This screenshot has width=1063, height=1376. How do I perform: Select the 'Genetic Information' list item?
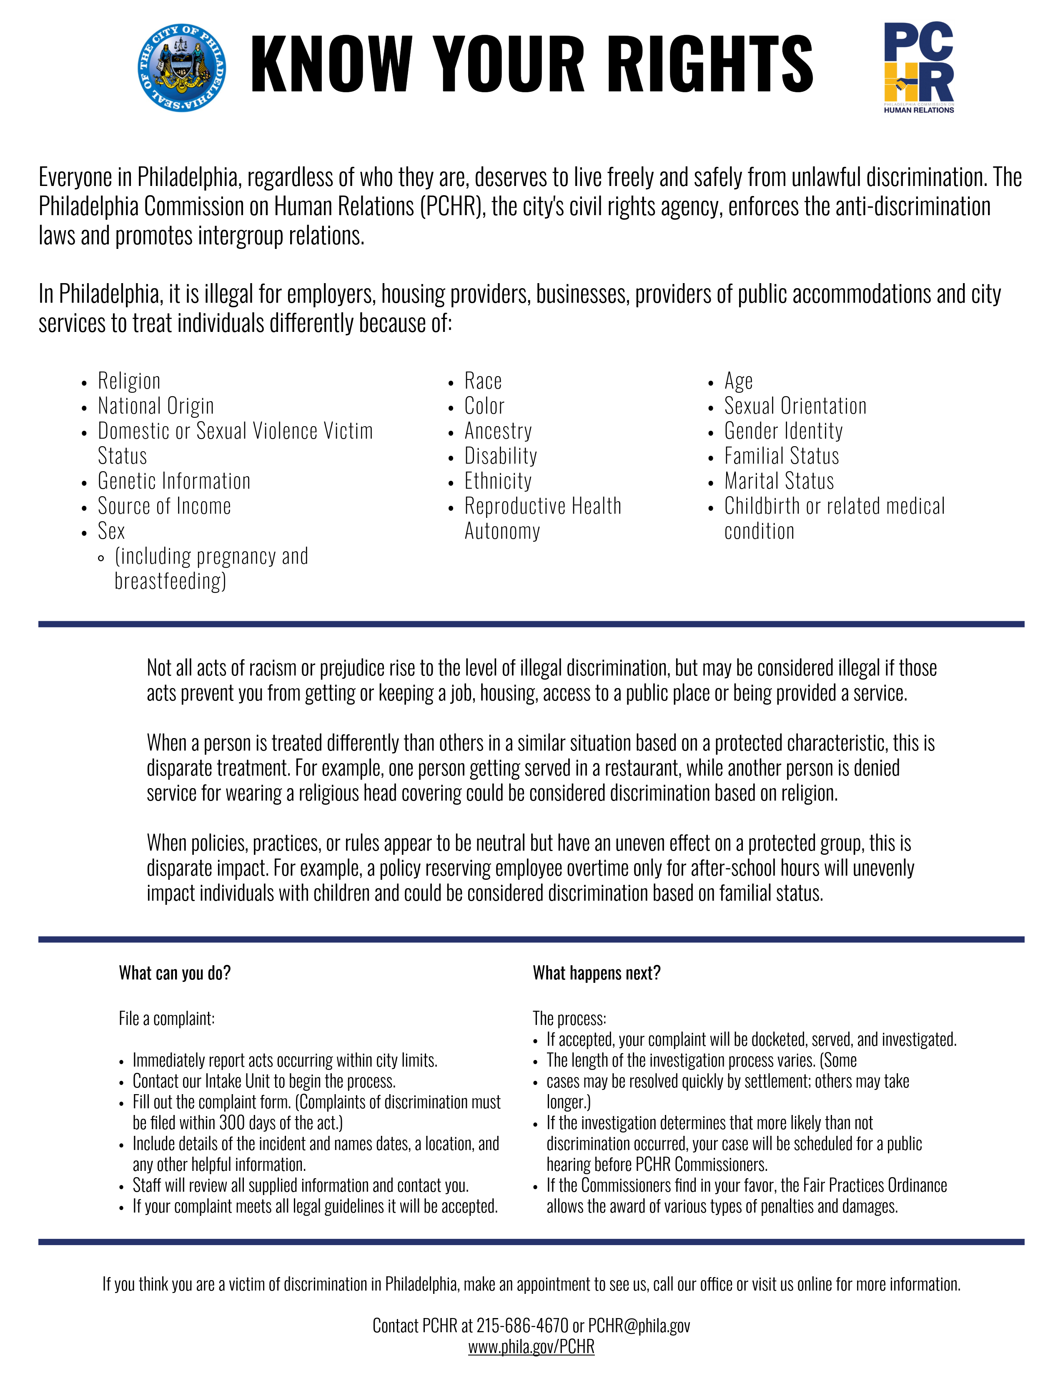coord(174,481)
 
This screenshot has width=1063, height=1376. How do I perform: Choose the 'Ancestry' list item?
coord(498,431)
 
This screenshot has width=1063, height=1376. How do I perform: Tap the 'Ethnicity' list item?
coord(498,481)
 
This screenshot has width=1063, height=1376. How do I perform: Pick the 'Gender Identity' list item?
coord(783,431)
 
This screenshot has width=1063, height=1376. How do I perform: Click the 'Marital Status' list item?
coord(779,481)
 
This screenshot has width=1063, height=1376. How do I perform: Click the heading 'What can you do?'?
coord(175,973)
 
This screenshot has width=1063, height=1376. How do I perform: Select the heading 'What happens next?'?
coord(597,973)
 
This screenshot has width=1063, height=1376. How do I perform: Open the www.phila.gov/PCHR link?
coord(531,1347)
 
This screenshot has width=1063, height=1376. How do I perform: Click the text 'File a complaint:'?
coord(167,1019)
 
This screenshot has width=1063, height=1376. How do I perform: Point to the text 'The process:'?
coord(569,1019)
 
